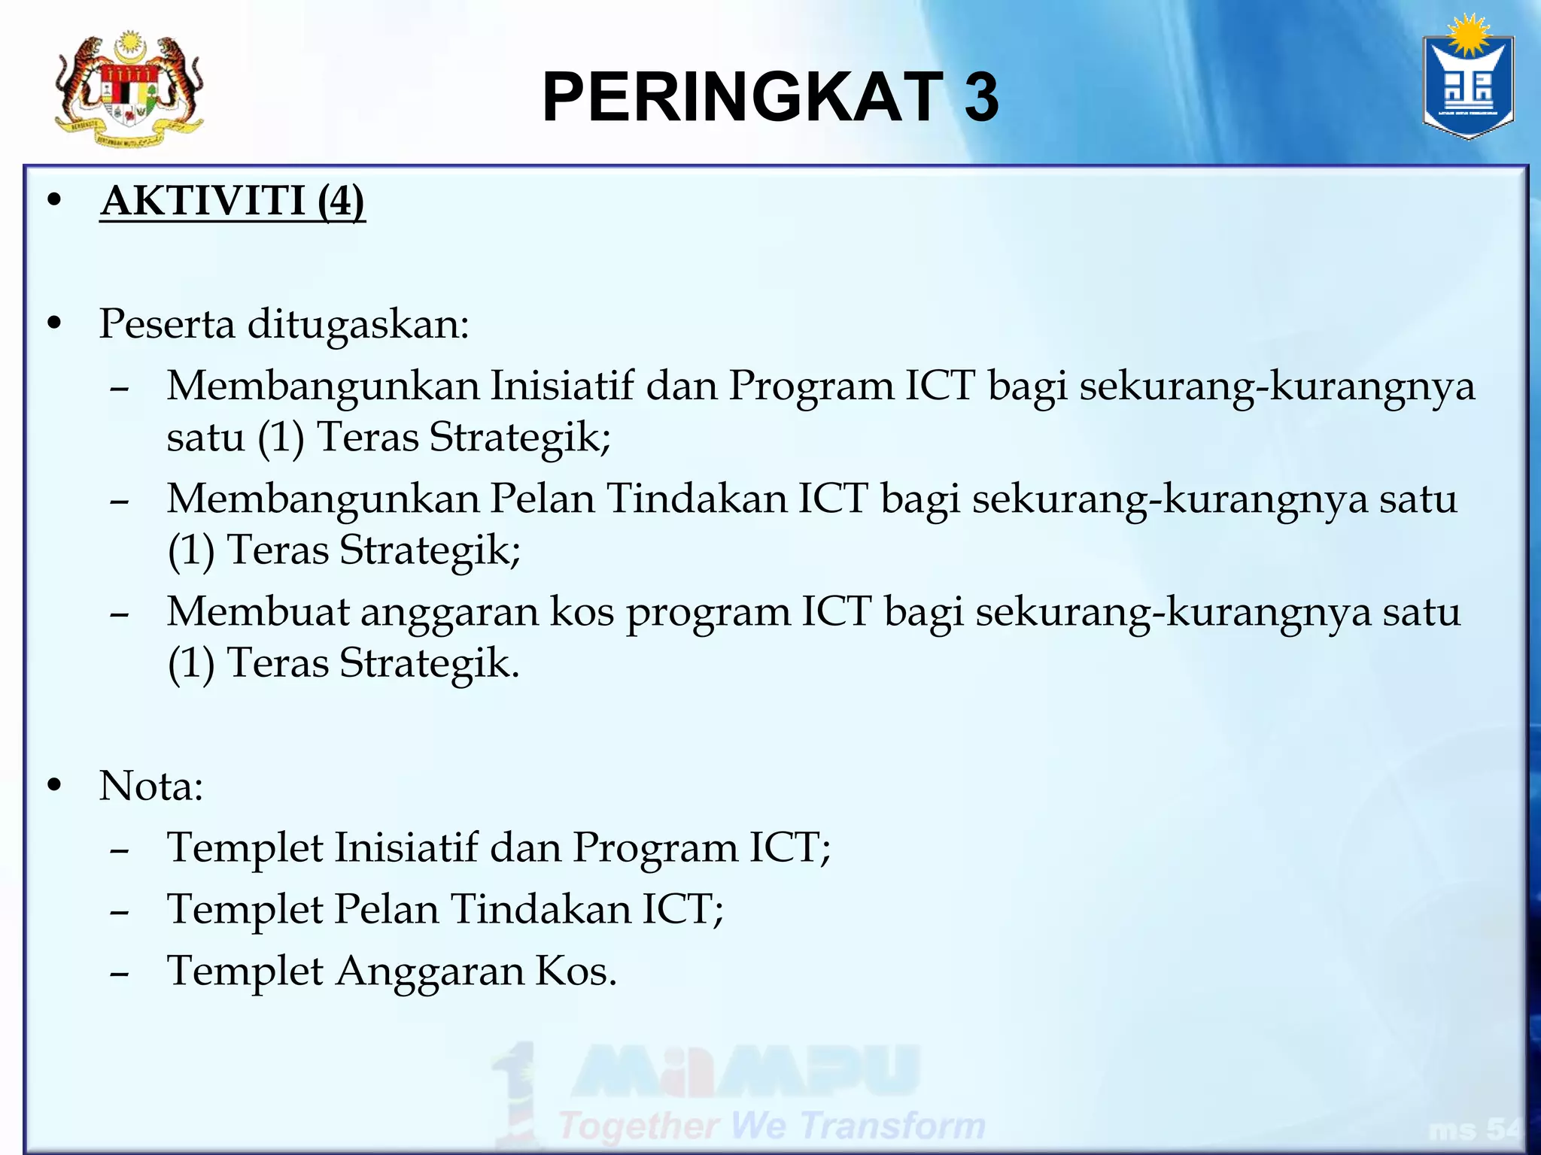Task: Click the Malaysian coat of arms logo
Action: [129, 89]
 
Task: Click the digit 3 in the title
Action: [981, 98]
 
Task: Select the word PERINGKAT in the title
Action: [742, 98]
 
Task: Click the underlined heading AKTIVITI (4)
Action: [233, 202]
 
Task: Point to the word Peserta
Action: [167, 324]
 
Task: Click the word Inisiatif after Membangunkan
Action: [562, 386]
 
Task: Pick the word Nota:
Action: [151, 787]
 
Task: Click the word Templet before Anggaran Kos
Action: [245, 971]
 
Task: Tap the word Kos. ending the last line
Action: [576, 971]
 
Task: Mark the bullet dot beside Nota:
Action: [53, 785]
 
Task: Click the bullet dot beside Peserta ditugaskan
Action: [53, 323]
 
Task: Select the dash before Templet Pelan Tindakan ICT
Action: [119, 912]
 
